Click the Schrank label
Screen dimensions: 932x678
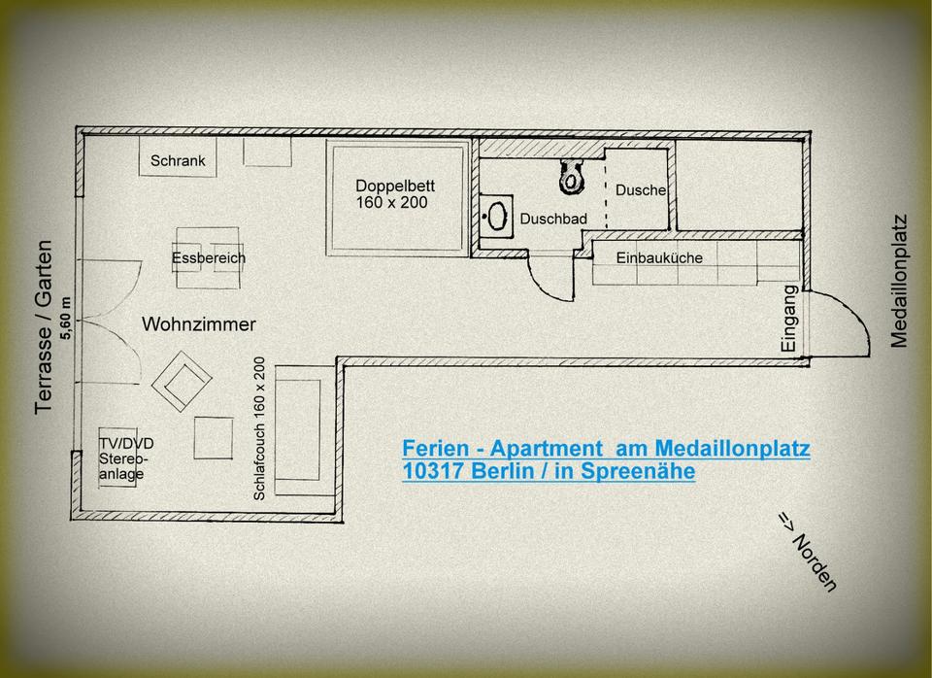(178, 161)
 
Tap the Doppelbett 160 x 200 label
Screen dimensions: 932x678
(394, 194)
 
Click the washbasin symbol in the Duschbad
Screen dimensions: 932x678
(498, 217)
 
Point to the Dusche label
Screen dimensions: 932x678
(641, 190)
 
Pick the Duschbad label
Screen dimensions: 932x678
(553, 220)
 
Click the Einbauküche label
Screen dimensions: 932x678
(659, 257)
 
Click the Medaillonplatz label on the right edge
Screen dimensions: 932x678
(899, 281)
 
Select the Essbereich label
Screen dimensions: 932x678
(209, 258)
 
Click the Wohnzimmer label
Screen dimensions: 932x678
(199, 323)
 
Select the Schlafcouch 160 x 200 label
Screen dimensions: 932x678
(259, 428)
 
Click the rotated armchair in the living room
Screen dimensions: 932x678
(181, 382)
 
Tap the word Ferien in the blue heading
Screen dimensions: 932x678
(432, 449)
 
